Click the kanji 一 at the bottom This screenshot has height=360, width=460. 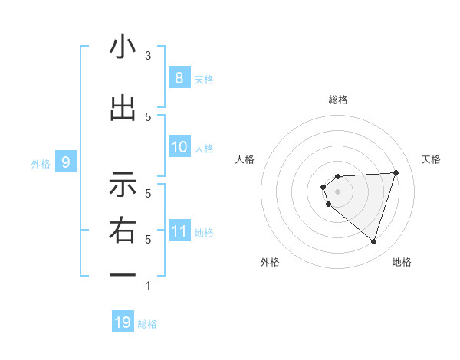click(x=123, y=275)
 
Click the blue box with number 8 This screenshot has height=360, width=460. click(x=179, y=77)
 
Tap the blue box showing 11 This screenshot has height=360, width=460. click(x=179, y=231)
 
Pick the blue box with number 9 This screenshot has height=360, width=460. click(x=66, y=162)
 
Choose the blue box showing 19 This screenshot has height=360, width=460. click(x=123, y=322)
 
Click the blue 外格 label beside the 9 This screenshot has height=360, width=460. click(x=41, y=163)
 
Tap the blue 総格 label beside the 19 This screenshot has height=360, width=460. click(x=147, y=324)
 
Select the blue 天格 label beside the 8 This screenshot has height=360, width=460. click(x=204, y=79)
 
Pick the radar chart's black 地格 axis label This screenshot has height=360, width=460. click(x=402, y=262)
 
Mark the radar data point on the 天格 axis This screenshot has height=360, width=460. click(x=396, y=172)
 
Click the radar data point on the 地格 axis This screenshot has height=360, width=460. click(x=373, y=241)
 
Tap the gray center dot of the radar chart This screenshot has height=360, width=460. click(x=337, y=191)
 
